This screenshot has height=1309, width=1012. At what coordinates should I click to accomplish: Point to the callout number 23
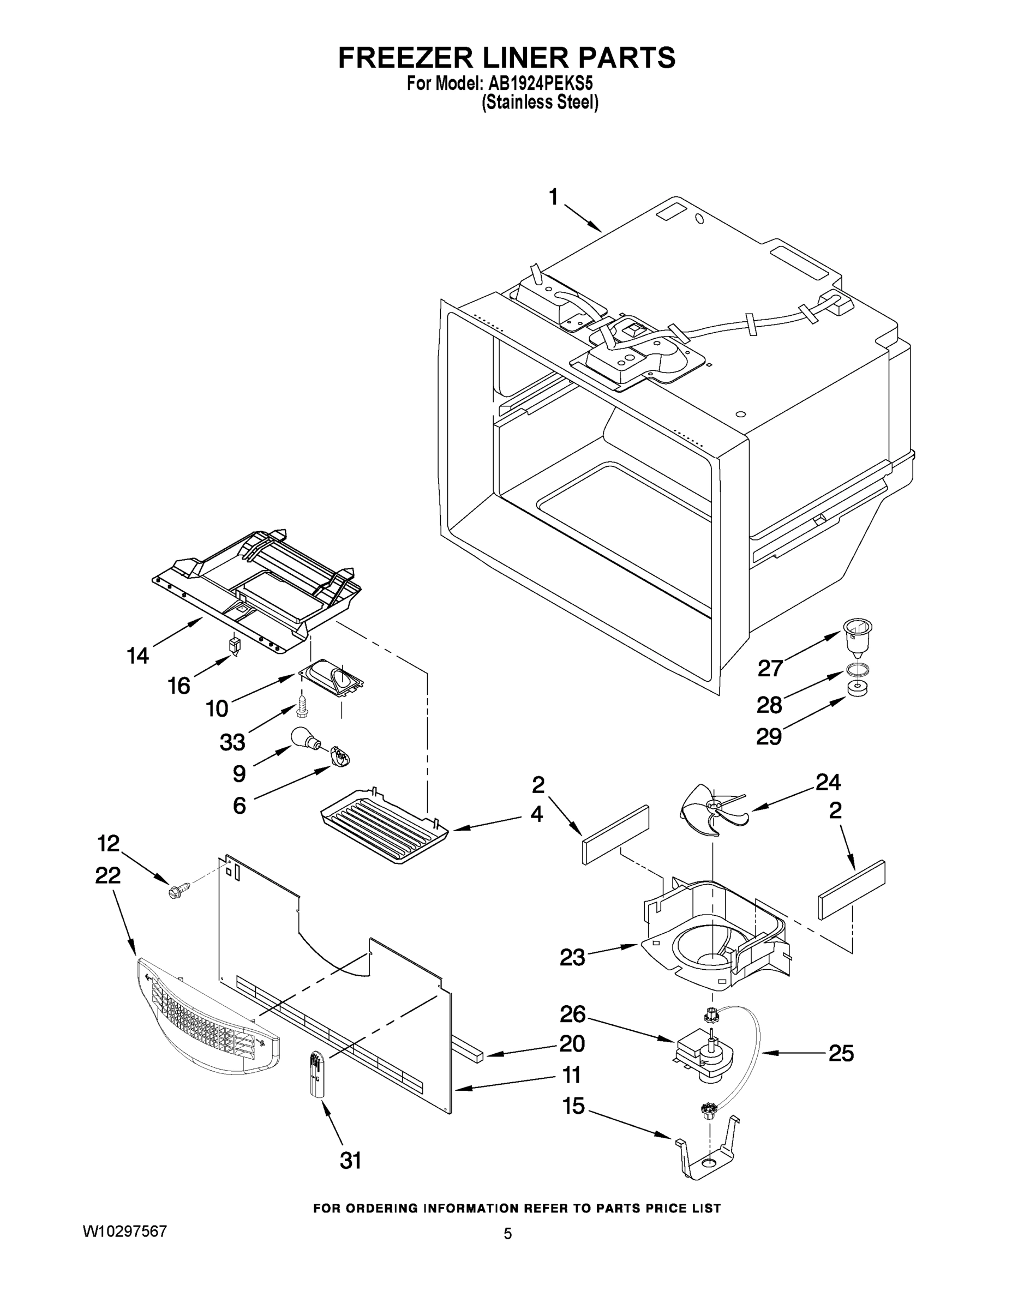tap(572, 957)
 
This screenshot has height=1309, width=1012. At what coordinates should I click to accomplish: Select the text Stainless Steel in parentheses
tap(540, 103)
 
